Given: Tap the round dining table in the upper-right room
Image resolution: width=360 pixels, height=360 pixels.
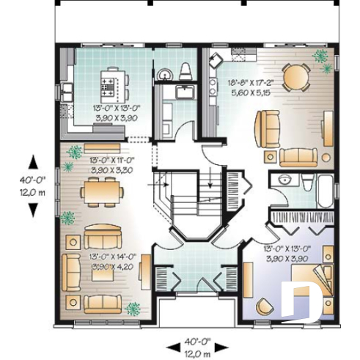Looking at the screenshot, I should click(x=295, y=76).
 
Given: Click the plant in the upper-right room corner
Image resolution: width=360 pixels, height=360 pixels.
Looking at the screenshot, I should click(x=320, y=56).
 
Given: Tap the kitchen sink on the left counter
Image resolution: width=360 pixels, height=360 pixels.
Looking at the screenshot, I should click(x=66, y=91).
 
